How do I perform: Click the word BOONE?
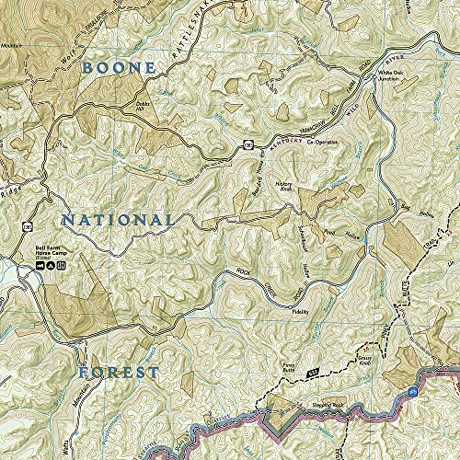pos(118,67)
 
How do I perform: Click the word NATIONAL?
pos(117,220)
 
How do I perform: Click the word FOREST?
pos(117,373)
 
